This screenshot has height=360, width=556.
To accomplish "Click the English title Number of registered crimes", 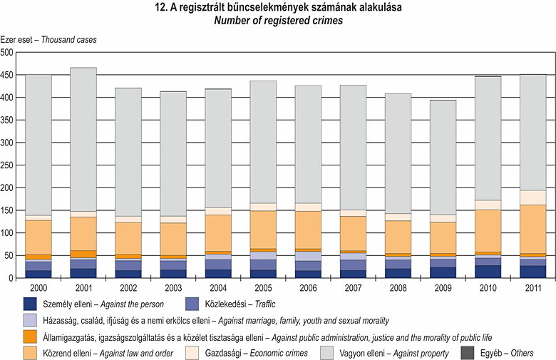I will (x=279, y=21).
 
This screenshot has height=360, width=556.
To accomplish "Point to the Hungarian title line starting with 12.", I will (x=279, y=8).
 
